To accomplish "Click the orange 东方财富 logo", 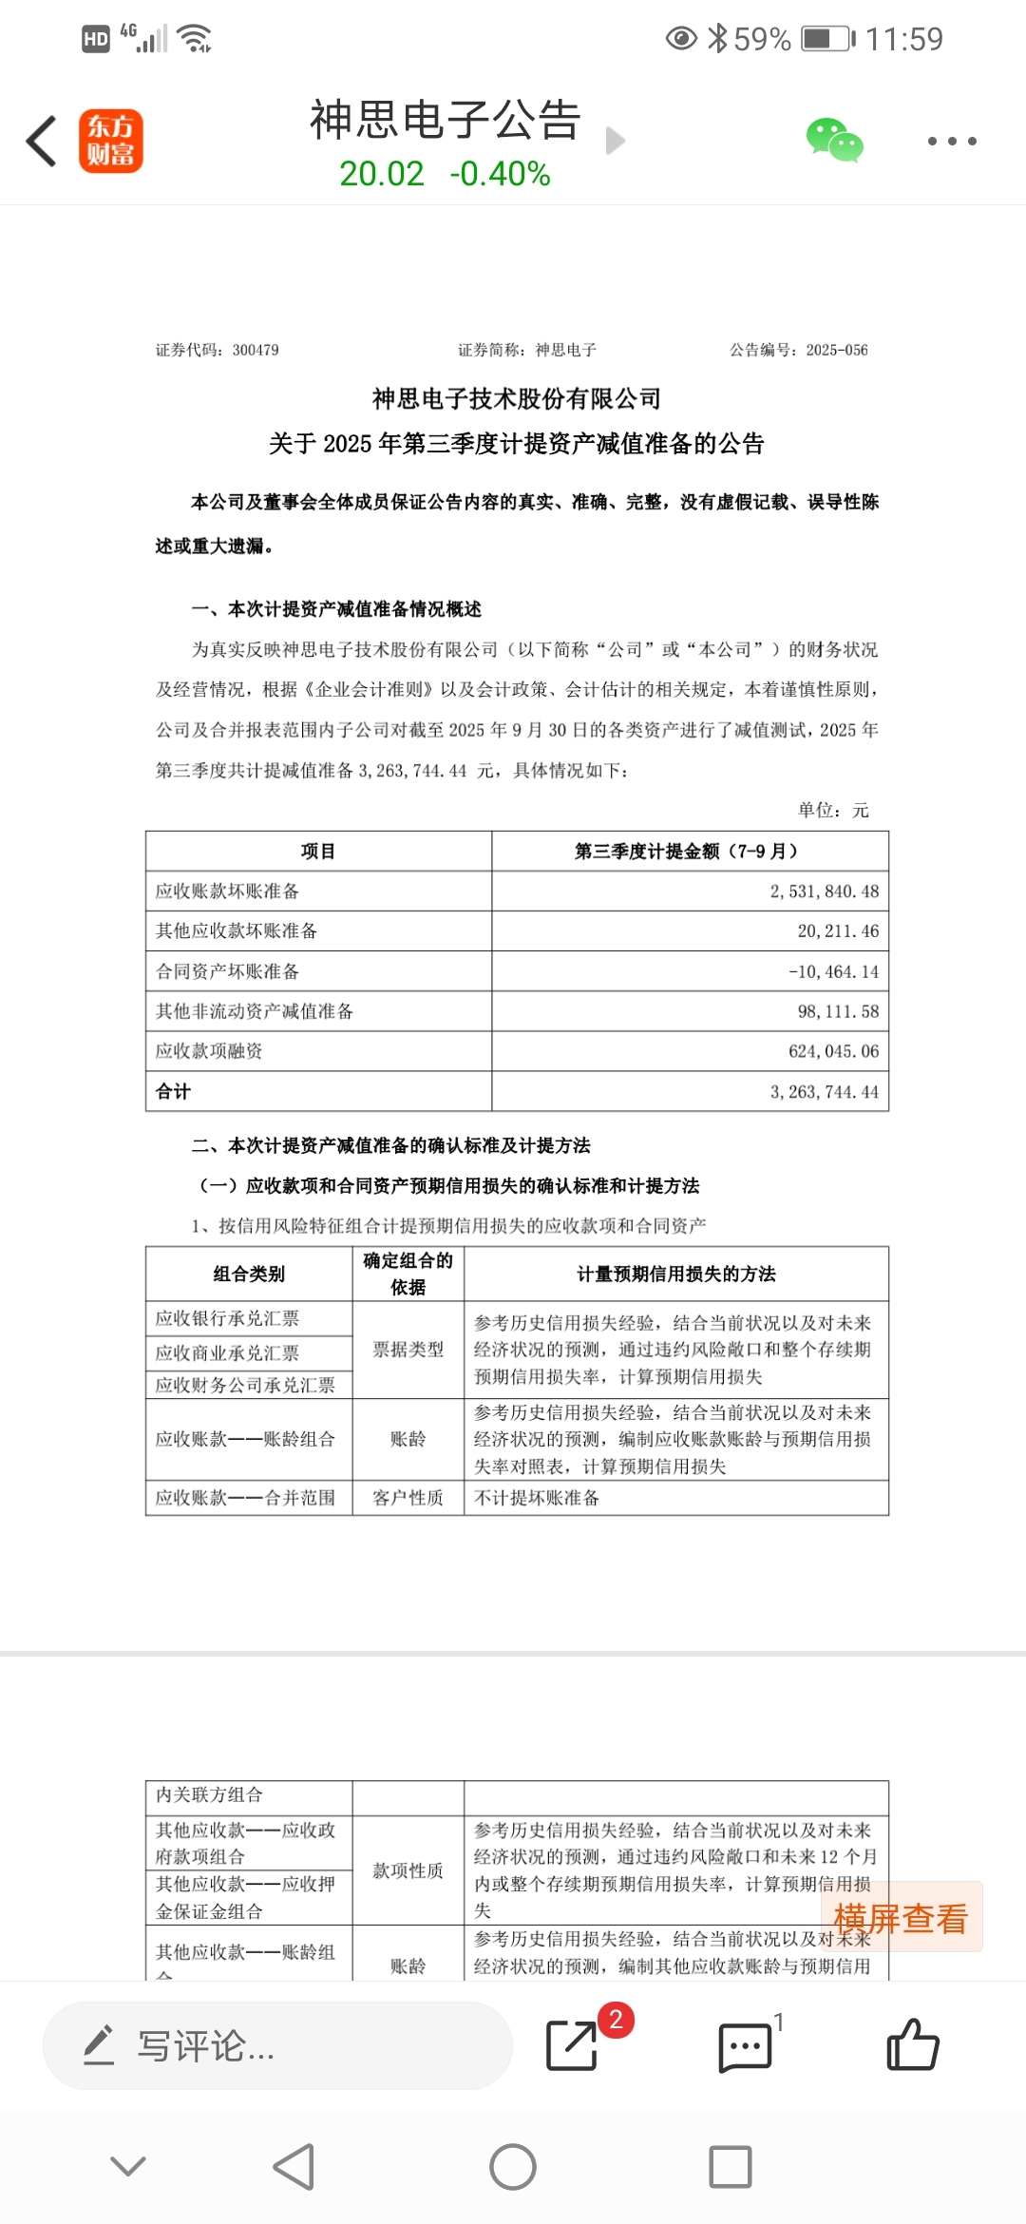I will point(111,141).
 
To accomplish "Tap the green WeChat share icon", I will point(834,141).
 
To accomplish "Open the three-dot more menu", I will point(951,141).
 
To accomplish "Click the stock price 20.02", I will point(382,174).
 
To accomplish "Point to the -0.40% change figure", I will point(500,174).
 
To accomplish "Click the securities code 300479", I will point(256,350).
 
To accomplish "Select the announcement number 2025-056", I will point(837,350).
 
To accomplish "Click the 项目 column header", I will point(318,852).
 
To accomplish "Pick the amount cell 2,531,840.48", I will point(824,892).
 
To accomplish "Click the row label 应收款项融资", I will point(209,1051).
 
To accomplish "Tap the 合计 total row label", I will point(173,1091).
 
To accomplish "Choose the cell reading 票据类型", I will point(408,1350).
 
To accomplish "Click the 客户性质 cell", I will point(408,1498).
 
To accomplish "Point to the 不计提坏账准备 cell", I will point(537,1498).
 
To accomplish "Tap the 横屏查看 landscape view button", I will point(900,1918).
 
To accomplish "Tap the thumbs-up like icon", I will point(912,2045).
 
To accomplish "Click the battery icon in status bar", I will point(827,39).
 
